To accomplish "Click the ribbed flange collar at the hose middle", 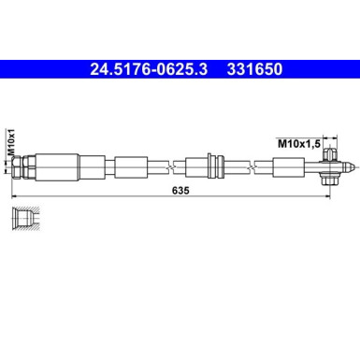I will [x=213, y=167].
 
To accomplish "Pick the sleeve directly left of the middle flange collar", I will [x=195, y=167].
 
